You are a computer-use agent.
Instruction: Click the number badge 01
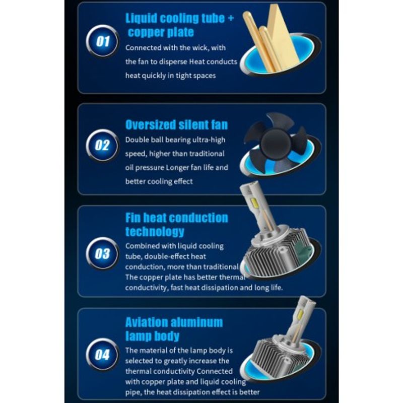[102, 41]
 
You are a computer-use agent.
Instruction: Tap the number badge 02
[102, 145]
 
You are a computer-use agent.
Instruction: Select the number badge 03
[102, 253]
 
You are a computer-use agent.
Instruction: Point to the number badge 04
[102, 355]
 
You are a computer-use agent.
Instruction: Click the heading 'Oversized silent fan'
[177, 124]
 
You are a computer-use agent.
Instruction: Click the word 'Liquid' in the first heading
[141, 18]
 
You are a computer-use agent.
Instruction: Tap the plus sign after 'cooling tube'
[231, 18]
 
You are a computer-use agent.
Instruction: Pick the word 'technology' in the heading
[155, 232]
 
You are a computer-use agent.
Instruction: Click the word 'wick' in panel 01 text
[199, 48]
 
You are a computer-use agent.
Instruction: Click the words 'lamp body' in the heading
[152, 336]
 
